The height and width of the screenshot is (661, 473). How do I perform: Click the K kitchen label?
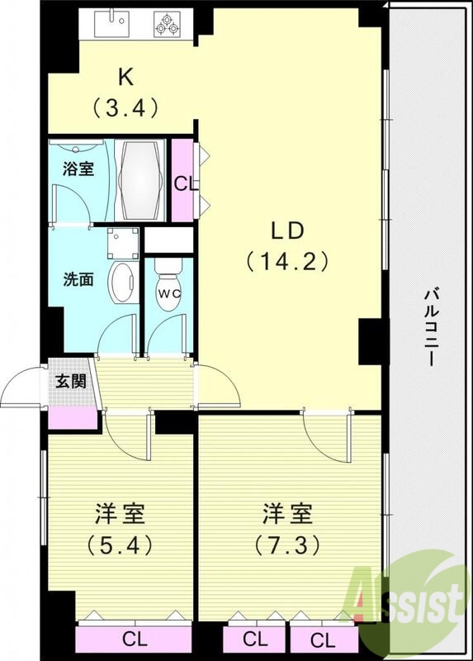125,77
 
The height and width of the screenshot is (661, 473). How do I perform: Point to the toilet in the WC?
168,286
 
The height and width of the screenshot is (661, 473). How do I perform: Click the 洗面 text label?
79,278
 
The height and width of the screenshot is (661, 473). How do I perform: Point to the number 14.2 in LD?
286,262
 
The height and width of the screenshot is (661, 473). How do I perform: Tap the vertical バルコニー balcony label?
430,327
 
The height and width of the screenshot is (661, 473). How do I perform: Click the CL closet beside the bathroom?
183,182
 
